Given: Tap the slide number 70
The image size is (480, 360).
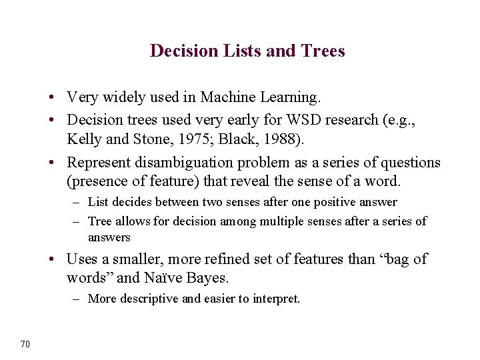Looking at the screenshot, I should pos(25,344).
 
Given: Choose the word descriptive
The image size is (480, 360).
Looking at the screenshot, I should pos(147,299).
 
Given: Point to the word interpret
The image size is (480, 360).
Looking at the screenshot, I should pos(275,299).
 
